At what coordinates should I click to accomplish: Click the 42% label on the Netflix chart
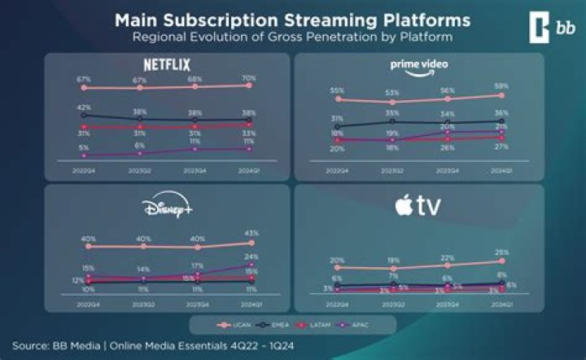(x=83, y=108)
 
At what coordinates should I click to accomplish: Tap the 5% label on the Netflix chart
(x=83, y=147)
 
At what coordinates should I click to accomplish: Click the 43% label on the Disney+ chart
(x=251, y=234)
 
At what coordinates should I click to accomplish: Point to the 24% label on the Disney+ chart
(x=251, y=256)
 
